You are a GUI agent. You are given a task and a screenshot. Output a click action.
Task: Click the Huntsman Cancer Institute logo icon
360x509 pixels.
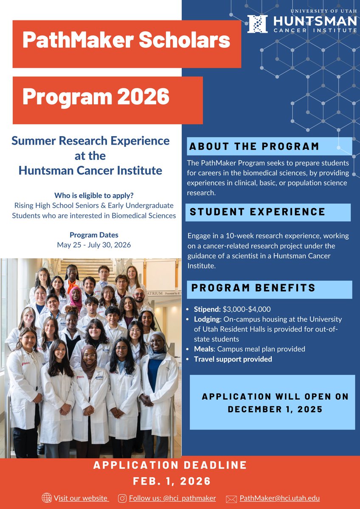(257, 24)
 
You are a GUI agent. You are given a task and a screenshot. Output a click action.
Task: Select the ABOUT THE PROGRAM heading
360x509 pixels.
(254, 147)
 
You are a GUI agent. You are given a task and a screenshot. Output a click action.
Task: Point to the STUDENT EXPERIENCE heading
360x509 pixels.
(257, 212)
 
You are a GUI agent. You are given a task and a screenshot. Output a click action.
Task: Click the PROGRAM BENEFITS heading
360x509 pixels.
(253, 288)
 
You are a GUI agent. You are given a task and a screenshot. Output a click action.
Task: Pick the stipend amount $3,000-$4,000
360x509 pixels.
(247, 309)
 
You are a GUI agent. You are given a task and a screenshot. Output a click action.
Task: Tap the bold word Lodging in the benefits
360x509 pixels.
(207, 319)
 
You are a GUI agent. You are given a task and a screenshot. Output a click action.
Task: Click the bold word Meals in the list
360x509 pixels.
(204, 349)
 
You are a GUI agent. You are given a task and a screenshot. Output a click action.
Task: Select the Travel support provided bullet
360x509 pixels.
(233, 359)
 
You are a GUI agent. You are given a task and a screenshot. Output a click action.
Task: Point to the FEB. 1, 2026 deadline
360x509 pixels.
(172, 481)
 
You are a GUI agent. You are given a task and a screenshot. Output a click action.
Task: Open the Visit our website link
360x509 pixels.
(81, 498)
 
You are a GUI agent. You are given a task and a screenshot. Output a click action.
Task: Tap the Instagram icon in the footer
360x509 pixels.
(122, 498)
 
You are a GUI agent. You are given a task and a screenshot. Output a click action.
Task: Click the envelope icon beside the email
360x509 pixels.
(231, 499)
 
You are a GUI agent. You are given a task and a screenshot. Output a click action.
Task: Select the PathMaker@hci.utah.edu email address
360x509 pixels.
(279, 498)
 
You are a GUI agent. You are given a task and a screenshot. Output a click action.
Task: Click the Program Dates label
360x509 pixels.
(94, 235)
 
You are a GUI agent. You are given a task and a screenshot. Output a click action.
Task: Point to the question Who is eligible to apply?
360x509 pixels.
(94, 196)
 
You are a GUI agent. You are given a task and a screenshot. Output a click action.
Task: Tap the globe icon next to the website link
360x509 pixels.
(47, 498)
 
